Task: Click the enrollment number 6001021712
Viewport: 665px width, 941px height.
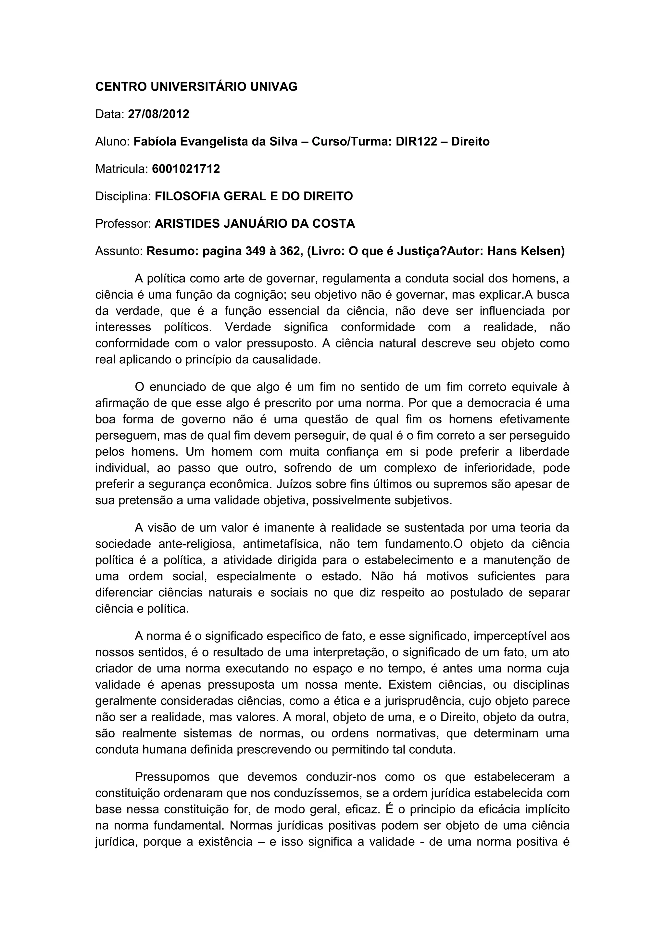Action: pos(186,169)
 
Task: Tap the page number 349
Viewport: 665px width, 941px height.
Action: pos(254,251)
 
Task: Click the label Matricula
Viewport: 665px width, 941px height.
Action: pos(121,169)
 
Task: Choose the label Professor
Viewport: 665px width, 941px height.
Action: pos(123,224)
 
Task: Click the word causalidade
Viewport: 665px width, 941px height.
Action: pos(286,359)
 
